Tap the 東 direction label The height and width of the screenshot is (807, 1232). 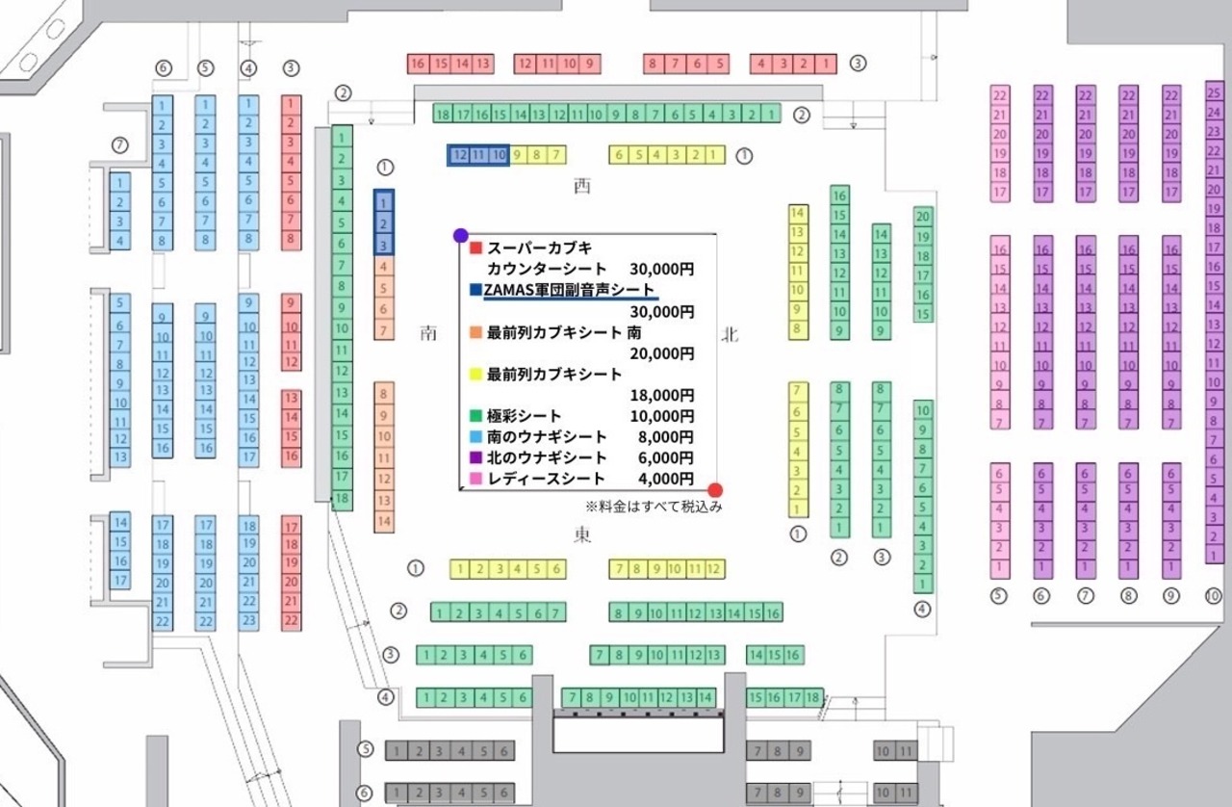(x=581, y=536)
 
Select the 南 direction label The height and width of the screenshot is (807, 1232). (x=428, y=333)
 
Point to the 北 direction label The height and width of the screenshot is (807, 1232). (x=730, y=334)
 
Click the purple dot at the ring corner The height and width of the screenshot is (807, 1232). (x=461, y=235)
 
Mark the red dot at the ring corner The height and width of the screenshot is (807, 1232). (x=715, y=489)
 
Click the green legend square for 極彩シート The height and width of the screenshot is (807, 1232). (x=475, y=416)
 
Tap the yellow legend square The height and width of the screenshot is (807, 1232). (x=475, y=374)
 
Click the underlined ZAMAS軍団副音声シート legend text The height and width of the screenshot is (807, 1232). (x=569, y=290)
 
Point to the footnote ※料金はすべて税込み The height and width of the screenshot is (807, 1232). (x=653, y=506)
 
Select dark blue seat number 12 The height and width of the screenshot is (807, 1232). (x=459, y=154)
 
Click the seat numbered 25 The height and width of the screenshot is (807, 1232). (x=1214, y=93)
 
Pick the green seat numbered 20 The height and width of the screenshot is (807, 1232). (x=923, y=217)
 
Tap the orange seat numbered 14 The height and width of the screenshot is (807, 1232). (x=384, y=521)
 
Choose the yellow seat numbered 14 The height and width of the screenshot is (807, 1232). (x=797, y=213)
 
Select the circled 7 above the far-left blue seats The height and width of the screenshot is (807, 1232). (x=119, y=145)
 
